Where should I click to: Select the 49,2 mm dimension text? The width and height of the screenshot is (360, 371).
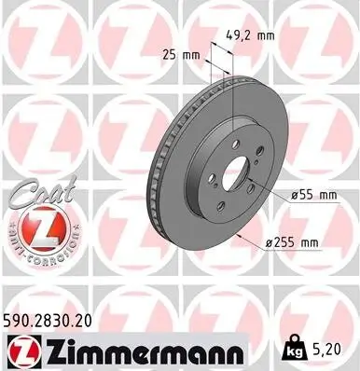coord(249,36)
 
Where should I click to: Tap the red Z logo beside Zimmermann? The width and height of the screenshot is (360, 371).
coord(23,351)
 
